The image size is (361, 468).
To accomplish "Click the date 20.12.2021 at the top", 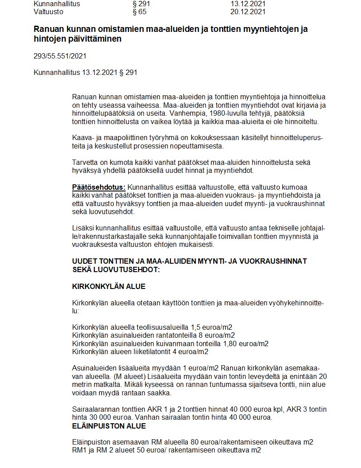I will click(248, 12).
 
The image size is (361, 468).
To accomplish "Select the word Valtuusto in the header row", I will click(48, 12).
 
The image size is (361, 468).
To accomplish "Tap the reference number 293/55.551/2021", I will click(60, 56).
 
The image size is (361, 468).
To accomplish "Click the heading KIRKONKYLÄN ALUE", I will click(108, 287).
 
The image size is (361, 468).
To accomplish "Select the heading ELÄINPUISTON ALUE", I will click(109, 426).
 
